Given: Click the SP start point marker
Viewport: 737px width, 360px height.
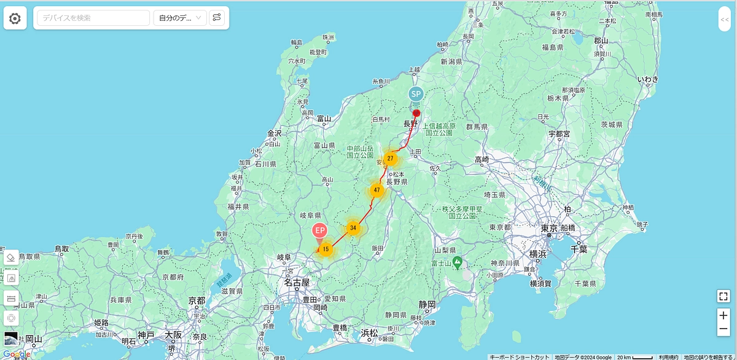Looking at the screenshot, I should pos(416,94).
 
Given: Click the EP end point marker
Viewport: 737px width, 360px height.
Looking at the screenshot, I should pos(319,230).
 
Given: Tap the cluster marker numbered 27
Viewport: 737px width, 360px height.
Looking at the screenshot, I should pos(390,158).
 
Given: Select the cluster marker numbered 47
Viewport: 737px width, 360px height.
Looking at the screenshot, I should pos(376,190).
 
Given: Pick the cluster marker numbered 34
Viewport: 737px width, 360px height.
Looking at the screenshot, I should pos(353,228).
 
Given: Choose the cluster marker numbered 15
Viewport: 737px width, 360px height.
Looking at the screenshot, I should pos(326,249).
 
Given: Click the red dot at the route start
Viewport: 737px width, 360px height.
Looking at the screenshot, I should pos(416,113).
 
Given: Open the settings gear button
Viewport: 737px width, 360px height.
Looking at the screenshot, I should pos(15,18).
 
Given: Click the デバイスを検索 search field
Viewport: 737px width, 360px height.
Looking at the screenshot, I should pos(93,18).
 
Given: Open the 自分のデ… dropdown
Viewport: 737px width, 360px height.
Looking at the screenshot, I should pos(180,18).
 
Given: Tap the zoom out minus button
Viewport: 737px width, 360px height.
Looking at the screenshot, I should pos(723,330).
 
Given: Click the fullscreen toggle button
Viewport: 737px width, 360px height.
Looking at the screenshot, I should pos(723,296).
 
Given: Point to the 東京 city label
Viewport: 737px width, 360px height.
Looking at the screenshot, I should pos(549,228).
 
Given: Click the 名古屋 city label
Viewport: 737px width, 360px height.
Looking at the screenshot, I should pos(297,283).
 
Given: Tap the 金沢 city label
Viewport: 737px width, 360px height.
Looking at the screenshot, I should pos(274,133).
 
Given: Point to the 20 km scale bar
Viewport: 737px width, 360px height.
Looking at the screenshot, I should pos(634,357).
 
